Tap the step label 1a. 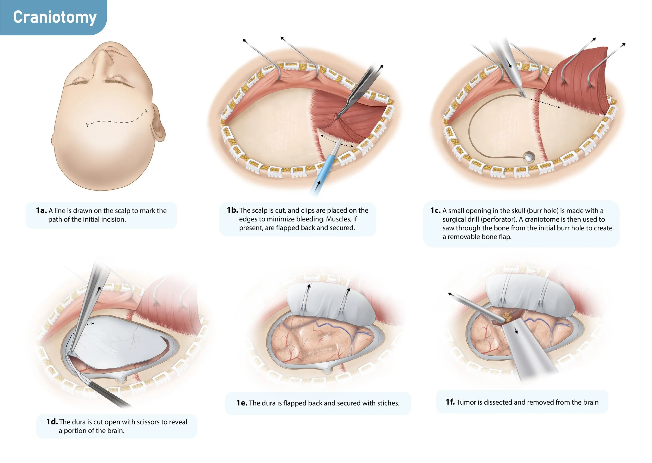point(41,211)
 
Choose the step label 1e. point(242,403)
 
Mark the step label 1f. point(450,402)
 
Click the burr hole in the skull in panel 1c point(529,156)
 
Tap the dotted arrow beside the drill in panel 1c point(544,103)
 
